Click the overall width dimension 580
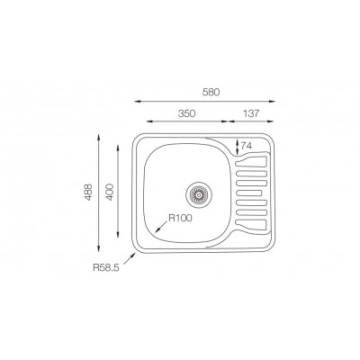212,92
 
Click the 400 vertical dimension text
110,192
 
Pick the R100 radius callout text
180,217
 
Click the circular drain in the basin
200,192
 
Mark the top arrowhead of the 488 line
98,136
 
